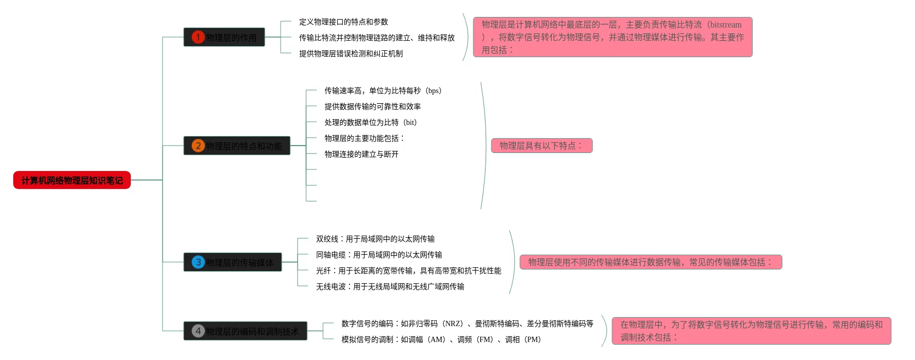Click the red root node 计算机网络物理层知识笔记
(72, 181)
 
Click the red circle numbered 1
(198, 37)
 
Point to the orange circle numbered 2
(198, 146)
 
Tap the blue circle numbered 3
(198, 262)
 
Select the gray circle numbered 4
(198, 331)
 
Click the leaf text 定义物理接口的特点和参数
(343, 22)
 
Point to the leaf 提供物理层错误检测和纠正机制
(351, 53)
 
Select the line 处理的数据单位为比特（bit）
(371, 122)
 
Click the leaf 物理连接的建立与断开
(361, 154)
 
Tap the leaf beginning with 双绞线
(375, 239)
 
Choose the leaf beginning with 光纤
(408, 271)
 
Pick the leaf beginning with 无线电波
(390, 286)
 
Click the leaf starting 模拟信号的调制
(441, 339)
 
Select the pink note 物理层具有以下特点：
(542, 146)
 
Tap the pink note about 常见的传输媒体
(650, 262)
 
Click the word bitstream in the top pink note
(725, 24)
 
